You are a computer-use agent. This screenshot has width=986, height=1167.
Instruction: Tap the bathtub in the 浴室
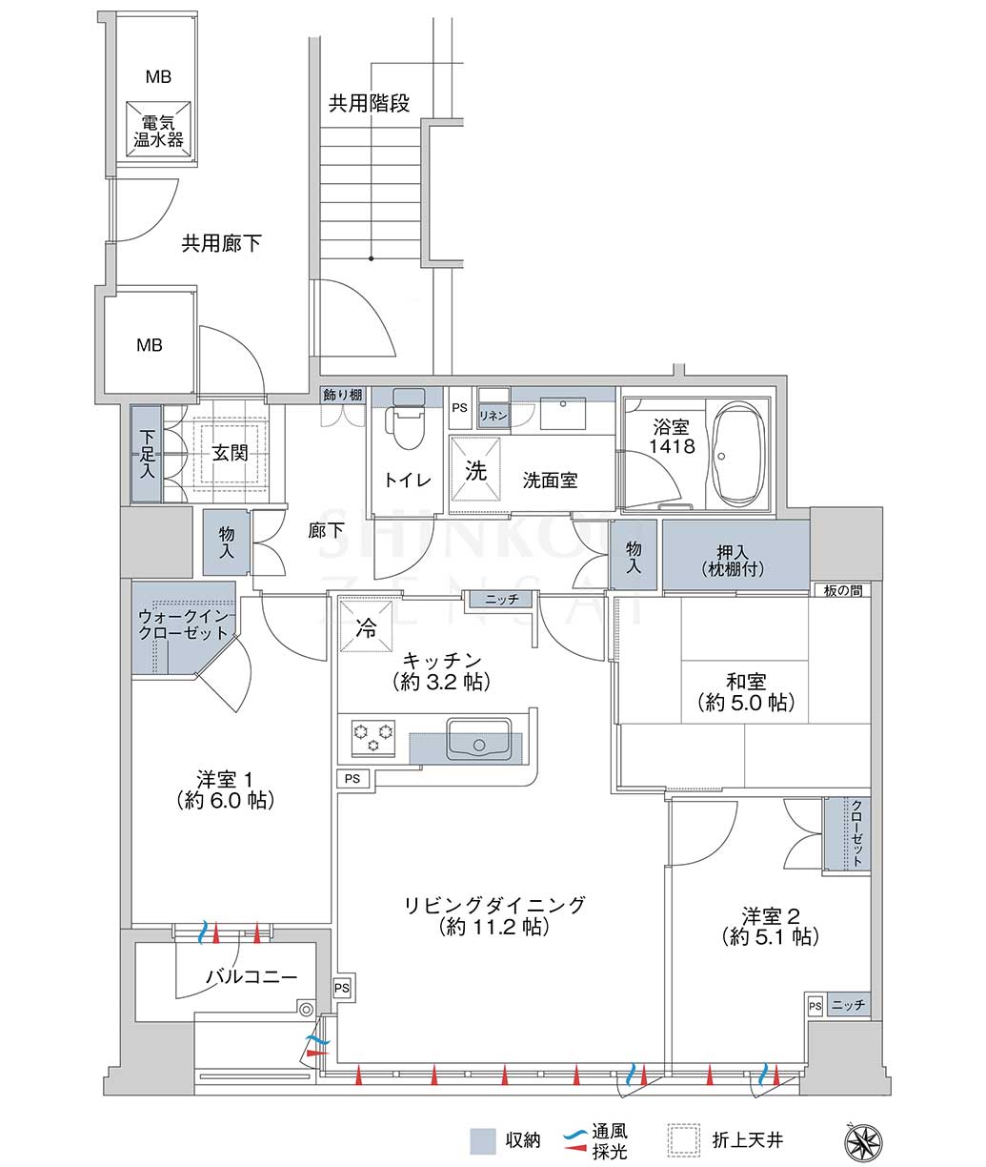click(x=737, y=455)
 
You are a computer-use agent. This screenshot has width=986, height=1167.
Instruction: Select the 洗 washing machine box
click(x=475, y=469)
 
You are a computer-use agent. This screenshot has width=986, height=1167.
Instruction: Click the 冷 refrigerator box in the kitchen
click(x=366, y=626)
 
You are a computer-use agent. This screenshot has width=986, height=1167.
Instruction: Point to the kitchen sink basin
click(x=479, y=739)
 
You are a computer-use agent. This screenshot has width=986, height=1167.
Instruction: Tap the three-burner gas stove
click(x=372, y=738)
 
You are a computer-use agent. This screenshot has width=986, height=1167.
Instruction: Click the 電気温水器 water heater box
click(x=158, y=131)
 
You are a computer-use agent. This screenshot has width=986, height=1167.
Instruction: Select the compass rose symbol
click(x=864, y=1138)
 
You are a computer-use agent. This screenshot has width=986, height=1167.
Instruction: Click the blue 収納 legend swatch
click(x=483, y=1141)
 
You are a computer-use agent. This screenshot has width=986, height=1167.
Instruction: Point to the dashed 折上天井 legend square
click(x=684, y=1140)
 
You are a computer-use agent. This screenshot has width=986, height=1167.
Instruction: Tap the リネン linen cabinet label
click(x=493, y=416)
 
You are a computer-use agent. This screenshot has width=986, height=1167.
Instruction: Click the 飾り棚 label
click(x=343, y=395)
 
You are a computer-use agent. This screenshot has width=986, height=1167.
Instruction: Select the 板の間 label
click(x=843, y=590)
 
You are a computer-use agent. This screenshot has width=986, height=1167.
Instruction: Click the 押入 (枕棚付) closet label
click(x=733, y=560)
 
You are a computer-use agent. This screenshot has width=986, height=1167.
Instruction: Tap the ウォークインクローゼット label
click(x=183, y=624)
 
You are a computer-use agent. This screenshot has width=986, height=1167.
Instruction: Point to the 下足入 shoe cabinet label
click(x=148, y=454)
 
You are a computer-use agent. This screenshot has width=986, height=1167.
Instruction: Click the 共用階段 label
click(x=369, y=103)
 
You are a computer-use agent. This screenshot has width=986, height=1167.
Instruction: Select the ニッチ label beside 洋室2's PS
click(x=848, y=1004)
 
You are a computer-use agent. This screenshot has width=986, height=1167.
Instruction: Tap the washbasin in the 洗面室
click(x=562, y=414)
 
